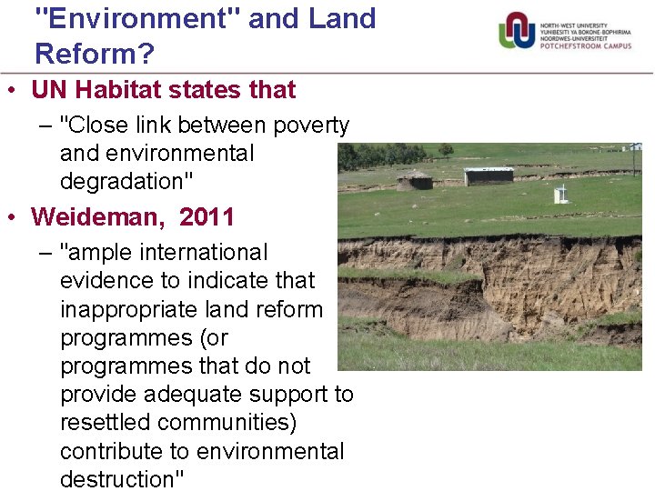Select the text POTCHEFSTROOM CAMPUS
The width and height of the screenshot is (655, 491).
point(586,45)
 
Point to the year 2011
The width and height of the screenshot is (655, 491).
point(207,217)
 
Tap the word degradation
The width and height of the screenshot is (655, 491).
point(123,181)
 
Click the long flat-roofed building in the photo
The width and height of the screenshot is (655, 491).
point(489,175)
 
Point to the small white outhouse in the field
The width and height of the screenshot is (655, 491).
point(560,193)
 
